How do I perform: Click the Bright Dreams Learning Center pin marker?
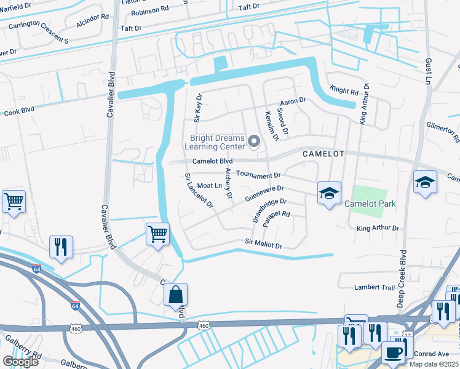[x=254, y=143]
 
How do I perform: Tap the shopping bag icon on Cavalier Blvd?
[x=176, y=295]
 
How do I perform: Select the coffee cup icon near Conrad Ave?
[x=394, y=352]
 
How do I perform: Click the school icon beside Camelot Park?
[x=329, y=193]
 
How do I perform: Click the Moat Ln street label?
[x=210, y=185]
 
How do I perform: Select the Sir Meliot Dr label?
[x=263, y=245]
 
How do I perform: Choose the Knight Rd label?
[x=344, y=90]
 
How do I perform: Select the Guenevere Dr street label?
[x=264, y=194]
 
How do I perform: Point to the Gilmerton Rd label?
[x=445, y=132]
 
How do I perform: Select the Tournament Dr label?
[x=258, y=175]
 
